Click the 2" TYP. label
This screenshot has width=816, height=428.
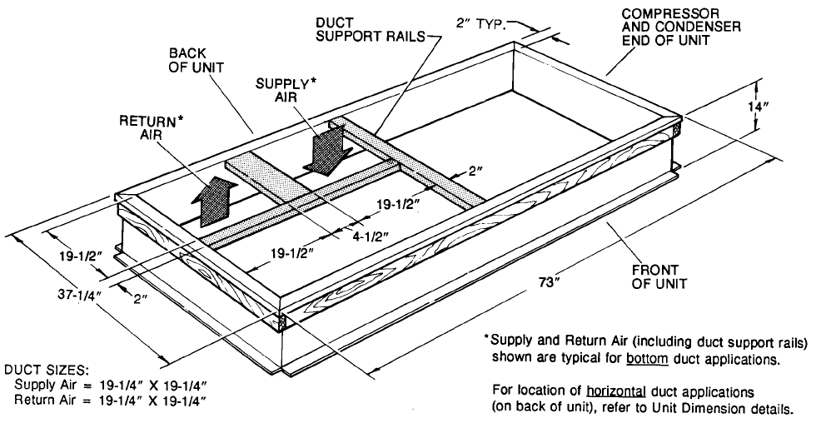[x=482, y=24]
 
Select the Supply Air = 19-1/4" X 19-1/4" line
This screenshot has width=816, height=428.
[x=110, y=386]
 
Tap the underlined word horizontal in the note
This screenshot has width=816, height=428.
[x=614, y=391]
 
